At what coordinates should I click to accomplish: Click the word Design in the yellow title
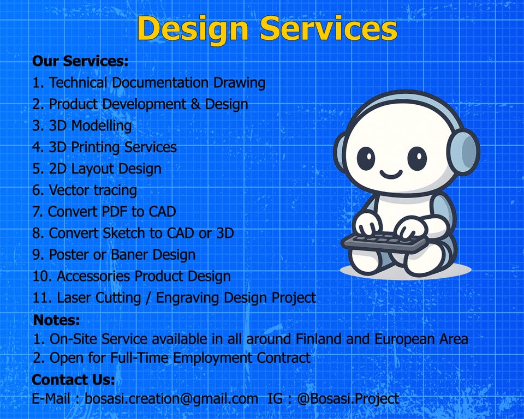click(x=193, y=29)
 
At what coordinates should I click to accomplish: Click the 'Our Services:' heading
click(x=80, y=61)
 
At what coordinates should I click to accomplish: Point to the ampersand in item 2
click(x=195, y=104)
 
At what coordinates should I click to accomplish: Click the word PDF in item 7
click(x=115, y=212)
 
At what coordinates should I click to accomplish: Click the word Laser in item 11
click(x=74, y=298)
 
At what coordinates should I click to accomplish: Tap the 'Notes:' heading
click(x=56, y=320)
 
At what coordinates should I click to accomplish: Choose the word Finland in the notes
click(x=319, y=339)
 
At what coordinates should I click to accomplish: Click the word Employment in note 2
click(x=212, y=358)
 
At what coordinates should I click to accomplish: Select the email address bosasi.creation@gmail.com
click(x=171, y=399)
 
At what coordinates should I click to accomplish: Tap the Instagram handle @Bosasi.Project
click(x=348, y=399)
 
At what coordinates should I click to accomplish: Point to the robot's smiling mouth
click(x=391, y=173)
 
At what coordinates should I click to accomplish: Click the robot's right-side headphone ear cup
click(x=466, y=151)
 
